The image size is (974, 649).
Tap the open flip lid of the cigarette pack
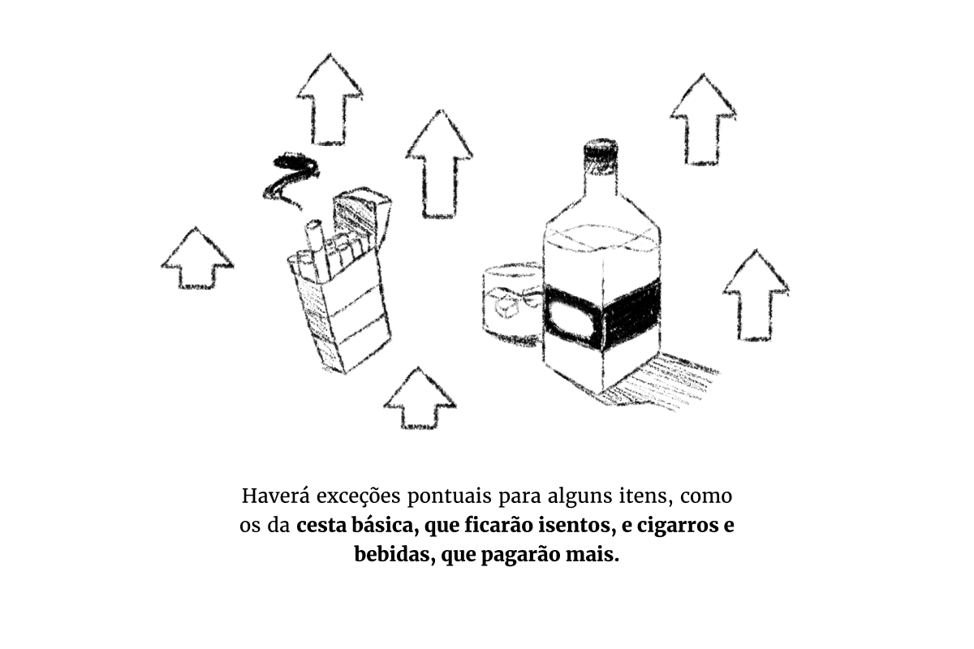[362, 215]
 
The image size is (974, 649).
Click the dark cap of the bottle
[601, 150]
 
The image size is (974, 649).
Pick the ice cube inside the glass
[507, 307]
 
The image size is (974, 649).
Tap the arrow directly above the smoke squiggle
[330, 99]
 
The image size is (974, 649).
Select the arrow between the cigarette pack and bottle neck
[439, 163]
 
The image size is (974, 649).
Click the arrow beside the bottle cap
[703, 119]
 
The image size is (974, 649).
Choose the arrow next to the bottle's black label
[756, 295]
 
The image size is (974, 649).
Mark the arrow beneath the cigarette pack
[420, 398]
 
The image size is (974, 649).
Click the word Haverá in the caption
[276, 496]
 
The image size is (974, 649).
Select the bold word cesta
[321, 526]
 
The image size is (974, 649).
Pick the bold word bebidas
[394, 555]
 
